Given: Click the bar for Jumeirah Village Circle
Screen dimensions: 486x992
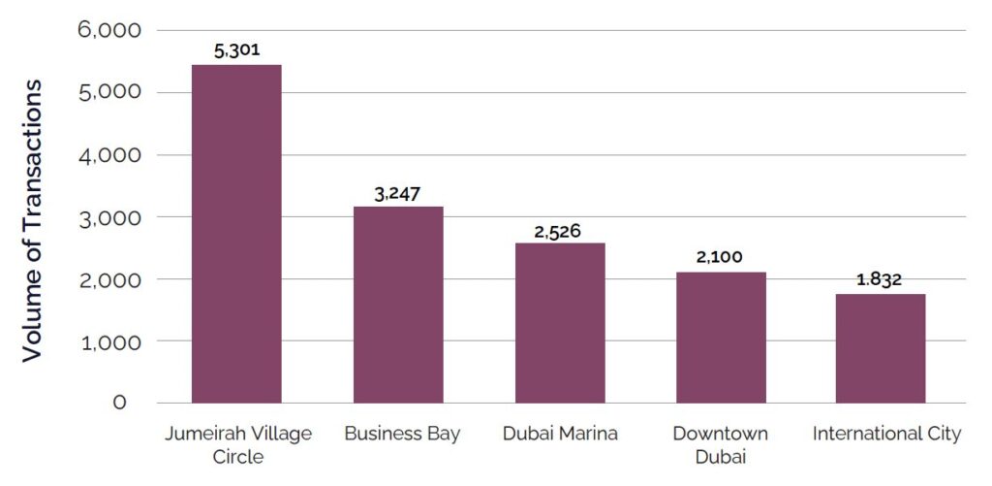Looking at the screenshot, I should point(236,233).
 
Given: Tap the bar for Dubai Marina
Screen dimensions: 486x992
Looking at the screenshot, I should point(560,322).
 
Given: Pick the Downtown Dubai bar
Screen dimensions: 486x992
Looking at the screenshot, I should point(721,337).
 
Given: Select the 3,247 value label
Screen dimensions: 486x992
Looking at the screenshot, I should point(398,193).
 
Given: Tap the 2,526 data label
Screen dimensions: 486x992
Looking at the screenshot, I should point(560,231).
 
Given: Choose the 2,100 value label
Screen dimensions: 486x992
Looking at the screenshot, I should point(721,258).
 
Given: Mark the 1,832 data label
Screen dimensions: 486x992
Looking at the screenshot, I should point(881,279).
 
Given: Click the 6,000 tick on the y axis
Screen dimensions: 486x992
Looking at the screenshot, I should point(108,30).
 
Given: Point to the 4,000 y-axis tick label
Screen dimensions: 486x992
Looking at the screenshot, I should point(108,154).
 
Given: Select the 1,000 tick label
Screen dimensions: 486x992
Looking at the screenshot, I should point(108,341).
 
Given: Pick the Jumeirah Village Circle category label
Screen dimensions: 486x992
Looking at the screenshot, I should point(236,444).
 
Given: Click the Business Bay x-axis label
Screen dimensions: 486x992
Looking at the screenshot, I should point(402,434).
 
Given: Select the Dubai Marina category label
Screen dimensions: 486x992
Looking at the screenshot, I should point(560,434).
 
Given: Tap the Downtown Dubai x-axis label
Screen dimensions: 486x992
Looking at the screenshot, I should point(721,444).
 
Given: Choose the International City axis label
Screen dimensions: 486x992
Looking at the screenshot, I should point(886,434).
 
